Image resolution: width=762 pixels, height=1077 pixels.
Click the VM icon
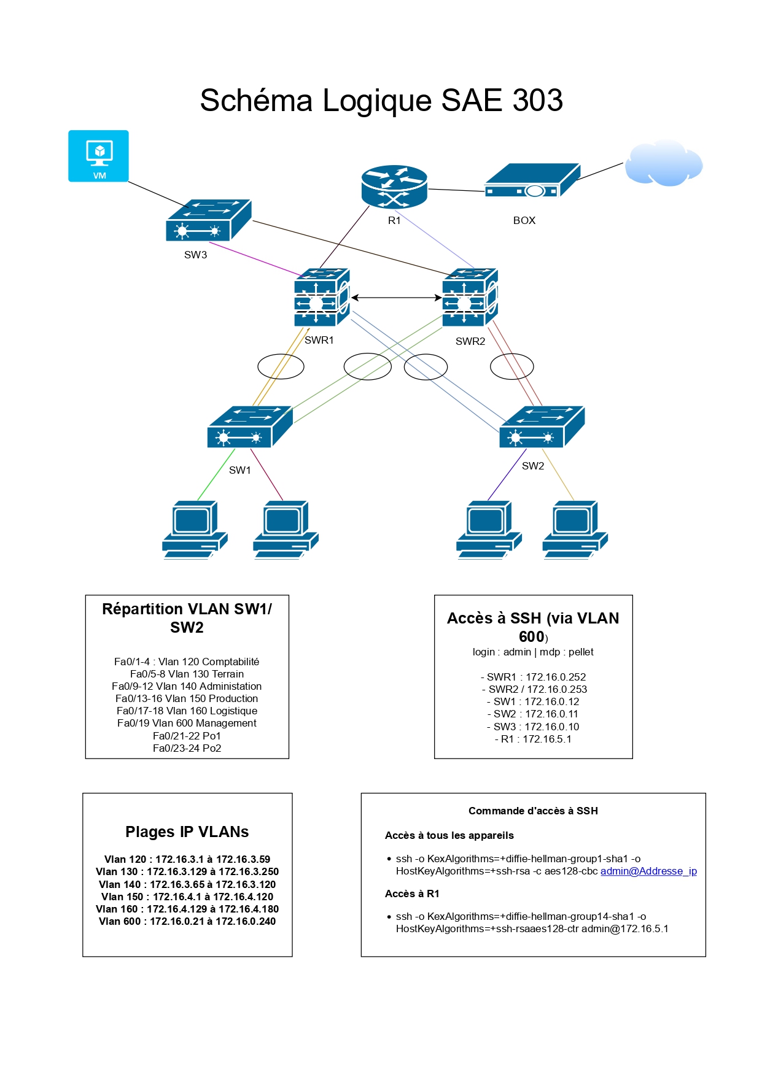98,156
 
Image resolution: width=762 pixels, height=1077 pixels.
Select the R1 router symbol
394,187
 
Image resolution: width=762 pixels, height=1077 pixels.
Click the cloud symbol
663,163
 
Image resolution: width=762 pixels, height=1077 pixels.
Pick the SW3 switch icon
208,220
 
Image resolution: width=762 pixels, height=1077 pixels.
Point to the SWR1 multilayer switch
321,297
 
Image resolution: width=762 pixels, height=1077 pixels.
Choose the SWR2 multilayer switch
470,297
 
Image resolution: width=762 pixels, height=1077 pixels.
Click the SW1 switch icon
249,427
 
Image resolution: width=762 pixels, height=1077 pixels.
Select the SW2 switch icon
542,427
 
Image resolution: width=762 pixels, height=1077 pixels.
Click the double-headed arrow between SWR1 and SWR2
396,298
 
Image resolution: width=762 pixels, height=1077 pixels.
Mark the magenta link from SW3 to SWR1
255,260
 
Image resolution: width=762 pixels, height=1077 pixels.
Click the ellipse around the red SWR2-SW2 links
511,366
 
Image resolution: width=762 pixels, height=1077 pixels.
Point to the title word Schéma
256,100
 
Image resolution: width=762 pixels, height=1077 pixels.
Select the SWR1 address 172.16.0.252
555,677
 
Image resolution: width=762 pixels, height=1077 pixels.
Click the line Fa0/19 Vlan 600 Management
187,723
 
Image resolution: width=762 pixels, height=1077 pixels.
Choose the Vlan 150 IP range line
187,897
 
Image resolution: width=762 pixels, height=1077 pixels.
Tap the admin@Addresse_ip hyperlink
648,871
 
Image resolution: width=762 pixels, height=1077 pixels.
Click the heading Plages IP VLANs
187,832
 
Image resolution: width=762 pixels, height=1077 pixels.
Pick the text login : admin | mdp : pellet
533,652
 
